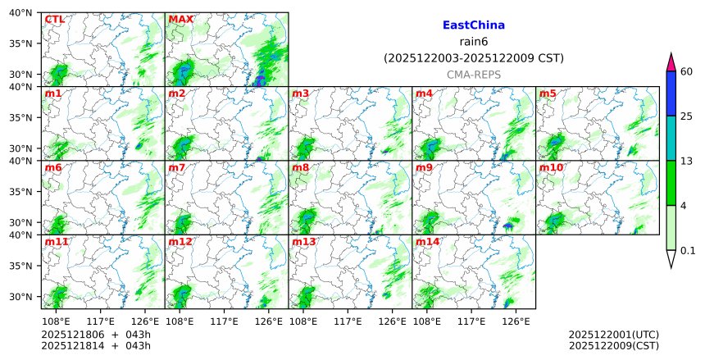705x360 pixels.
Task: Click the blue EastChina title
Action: tap(473, 25)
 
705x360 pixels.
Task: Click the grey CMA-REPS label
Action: tap(473, 75)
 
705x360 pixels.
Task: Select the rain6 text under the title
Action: tap(473, 42)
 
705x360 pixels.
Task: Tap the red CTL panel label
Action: tap(54, 20)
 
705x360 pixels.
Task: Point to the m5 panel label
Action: tap(548, 94)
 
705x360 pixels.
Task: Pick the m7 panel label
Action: tap(177, 168)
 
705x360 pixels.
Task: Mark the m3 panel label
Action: tap(301, 94)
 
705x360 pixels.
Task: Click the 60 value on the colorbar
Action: tap(687, 72)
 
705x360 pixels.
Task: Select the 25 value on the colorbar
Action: tap(687, 116)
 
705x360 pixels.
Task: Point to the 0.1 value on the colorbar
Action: tap(688, 251)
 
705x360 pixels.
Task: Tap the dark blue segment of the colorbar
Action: tap(671, 93)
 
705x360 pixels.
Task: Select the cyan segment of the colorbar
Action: tap(671, 138)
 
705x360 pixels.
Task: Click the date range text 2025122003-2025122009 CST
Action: tap(473, 58)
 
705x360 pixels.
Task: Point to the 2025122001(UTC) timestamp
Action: tap(612, 335)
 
